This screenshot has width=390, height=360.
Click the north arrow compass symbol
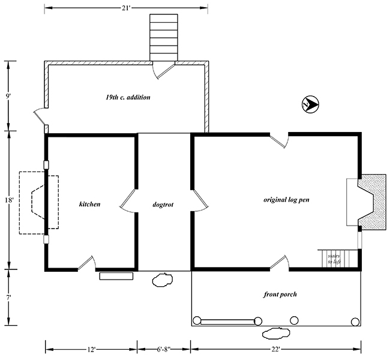click(x=310, y=104)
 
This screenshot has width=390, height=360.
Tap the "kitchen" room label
click(x=90, y=204)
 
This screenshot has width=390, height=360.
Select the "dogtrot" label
click(x=163, y=205)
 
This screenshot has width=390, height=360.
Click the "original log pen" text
click(x=286, y=200)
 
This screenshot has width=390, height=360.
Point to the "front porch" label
click(x=280, y=295)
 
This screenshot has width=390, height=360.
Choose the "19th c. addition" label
click(x=128, y=97)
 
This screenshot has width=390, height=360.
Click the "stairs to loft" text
click(x=334, y=259)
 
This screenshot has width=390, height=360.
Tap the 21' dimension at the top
click(x=126, y=8)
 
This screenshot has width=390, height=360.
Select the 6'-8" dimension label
click(x=164, y=349)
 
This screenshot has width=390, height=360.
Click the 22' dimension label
click(x=275, y=349)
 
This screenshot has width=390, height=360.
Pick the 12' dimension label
click(x=91, y=349)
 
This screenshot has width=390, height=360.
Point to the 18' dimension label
click(x=9, y=200)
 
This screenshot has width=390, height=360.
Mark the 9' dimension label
click(x=8, y=96)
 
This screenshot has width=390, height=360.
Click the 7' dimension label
click(x=8, y=297)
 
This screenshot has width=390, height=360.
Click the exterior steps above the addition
click(x=164, y=37)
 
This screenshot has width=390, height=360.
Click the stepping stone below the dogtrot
click(x=162, y=280)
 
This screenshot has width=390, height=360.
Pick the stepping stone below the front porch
click(x=276, y=333)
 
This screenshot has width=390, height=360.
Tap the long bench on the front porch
click(x=227, y=322)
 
